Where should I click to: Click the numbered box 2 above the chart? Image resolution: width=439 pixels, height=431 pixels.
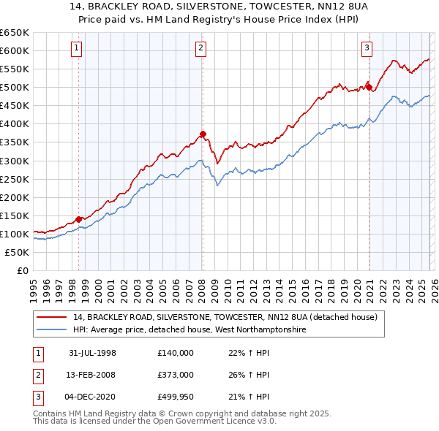pos(200,49)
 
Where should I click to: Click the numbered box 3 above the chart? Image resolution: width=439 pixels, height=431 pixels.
pos(367,49)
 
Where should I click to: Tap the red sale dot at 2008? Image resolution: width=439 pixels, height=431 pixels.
pos(203,134)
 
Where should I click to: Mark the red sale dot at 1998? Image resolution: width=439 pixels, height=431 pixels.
pos(79,218)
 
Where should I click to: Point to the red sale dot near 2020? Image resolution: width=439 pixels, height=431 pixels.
pos(369,87)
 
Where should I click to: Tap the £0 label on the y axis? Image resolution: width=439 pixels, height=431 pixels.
pos(21,270)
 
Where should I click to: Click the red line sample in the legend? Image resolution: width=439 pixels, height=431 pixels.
pos(52,318)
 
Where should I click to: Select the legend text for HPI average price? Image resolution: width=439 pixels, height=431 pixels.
pos(189,330)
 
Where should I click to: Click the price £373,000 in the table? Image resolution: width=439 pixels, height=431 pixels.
pos(175,375)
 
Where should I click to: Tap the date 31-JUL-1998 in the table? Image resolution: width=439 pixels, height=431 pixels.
pos(92,353)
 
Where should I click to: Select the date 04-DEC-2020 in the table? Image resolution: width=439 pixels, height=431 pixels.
pos(93,397)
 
